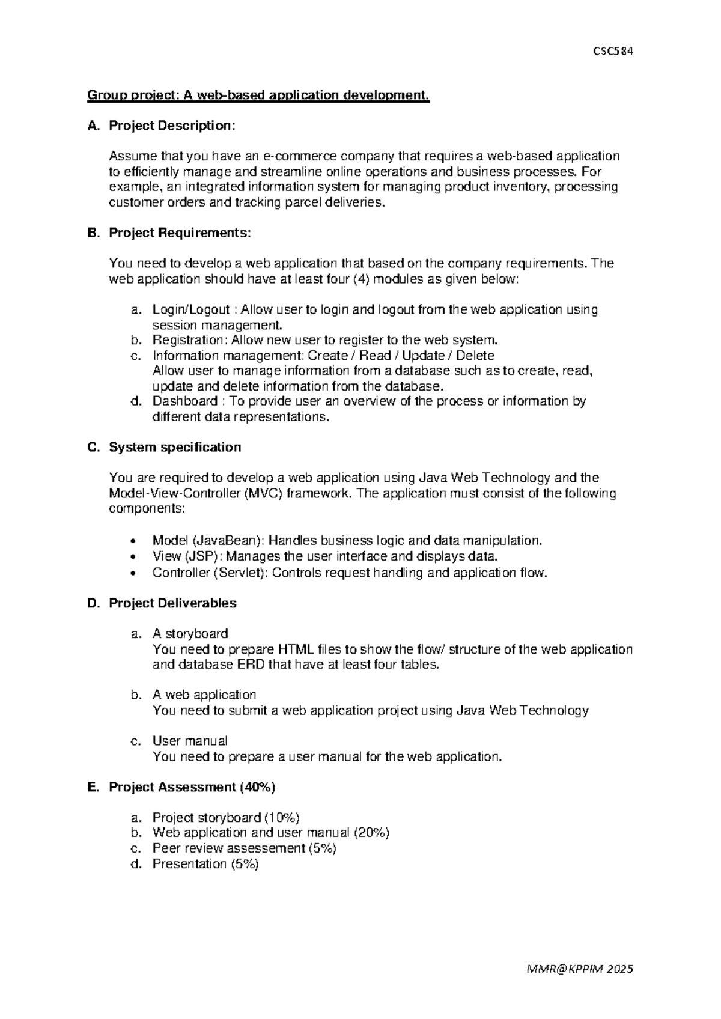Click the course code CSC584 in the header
612,51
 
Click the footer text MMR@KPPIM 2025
579,969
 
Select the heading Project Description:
172,126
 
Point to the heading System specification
175,447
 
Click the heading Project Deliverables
172,603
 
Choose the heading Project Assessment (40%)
192,787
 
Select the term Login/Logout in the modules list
191,309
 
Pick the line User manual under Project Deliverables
190,741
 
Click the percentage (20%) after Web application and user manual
371,832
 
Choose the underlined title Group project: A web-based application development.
258,95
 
